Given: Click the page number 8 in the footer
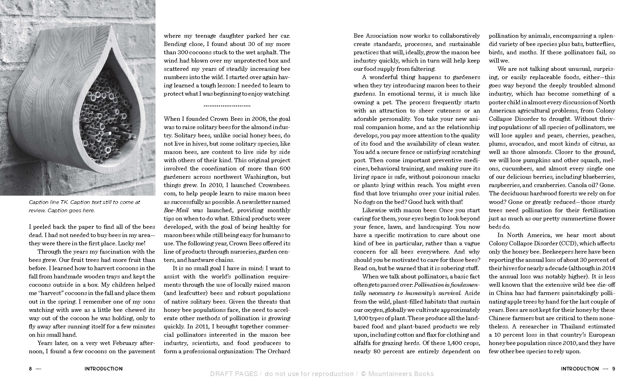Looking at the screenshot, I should [x=30, y=369].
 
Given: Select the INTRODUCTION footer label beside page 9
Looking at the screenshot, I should [x=580, y=369].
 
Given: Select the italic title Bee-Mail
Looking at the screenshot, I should [x=176, y=210].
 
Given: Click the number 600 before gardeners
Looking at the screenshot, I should [x=285, y=169].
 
